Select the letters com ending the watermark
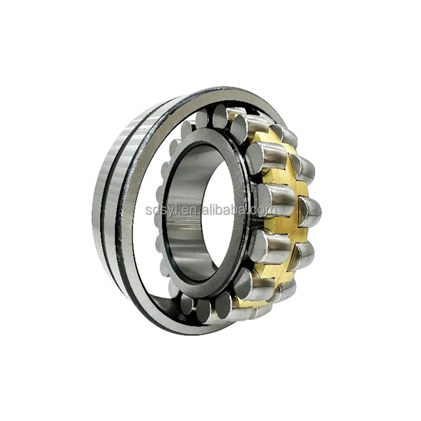[264, 210]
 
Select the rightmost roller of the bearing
[310, 210]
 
